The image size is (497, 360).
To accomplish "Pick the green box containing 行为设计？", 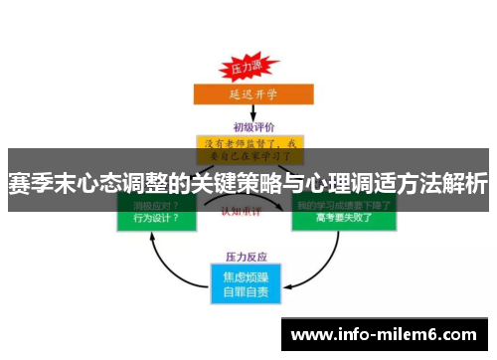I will (x=154, y=214).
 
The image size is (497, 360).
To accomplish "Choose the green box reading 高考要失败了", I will (x=343, y=214).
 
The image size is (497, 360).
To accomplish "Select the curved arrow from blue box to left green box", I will (x=165, y=260).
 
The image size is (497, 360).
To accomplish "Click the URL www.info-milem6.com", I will (x=386, y=334).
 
